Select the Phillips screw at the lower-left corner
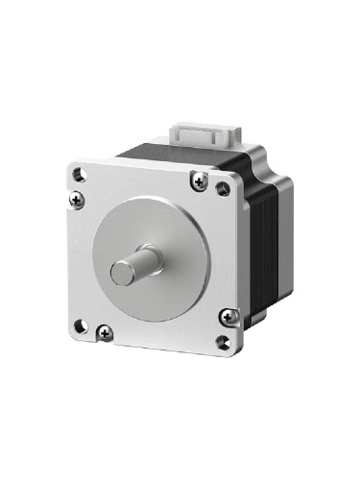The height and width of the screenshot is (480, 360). click(105, 332)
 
